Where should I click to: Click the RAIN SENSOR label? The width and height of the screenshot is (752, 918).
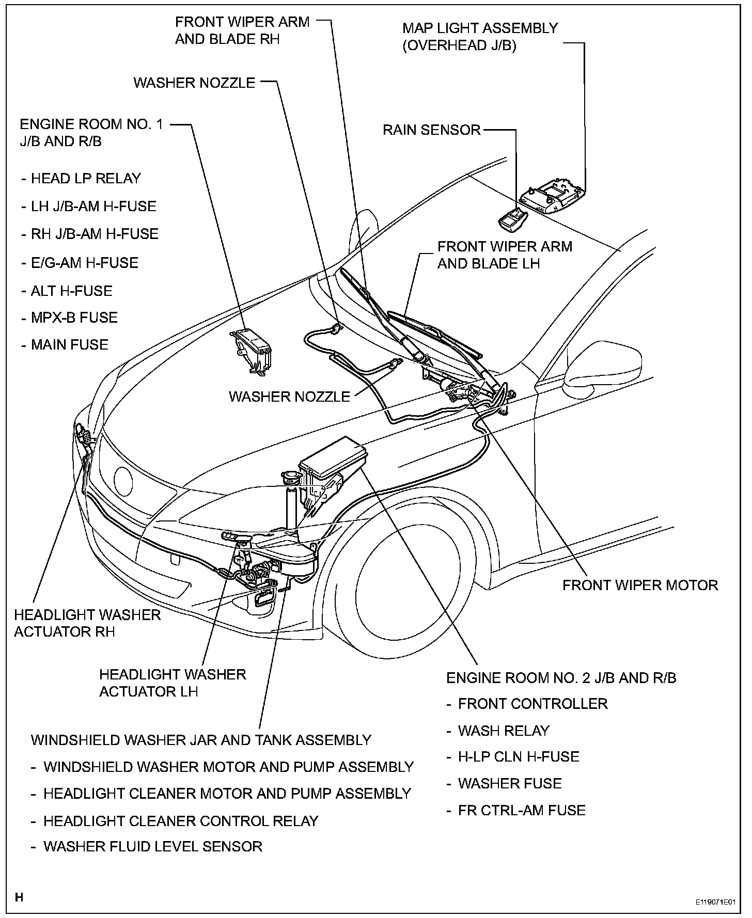tap(431, 130)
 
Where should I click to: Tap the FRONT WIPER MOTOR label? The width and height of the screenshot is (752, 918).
tap(640, 585)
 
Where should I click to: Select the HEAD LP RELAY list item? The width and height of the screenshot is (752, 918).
tap(86, 179)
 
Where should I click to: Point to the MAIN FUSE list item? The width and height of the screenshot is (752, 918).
tap(70, 344)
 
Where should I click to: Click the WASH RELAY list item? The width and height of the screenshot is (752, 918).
tap(504, 731)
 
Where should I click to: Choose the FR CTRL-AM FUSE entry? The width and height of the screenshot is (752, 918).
tap(522, 810)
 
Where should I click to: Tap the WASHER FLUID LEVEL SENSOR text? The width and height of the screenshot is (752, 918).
tap(153, 846)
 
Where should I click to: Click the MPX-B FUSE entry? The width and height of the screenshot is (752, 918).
tap(74, 317)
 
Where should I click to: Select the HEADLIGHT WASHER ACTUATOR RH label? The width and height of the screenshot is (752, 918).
tap(87, 623)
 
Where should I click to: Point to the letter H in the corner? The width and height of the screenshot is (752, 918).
tap(19, 897)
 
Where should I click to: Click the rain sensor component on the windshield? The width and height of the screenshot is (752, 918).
tap(511, 219)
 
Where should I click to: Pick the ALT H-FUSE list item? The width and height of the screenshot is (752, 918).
tap(71, 291)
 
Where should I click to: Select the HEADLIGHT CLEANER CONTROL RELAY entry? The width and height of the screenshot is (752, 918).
tap(181, 820)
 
